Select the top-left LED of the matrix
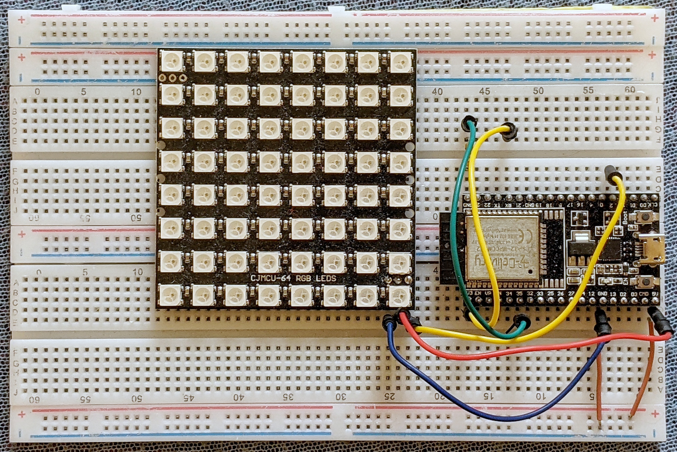point(172,61)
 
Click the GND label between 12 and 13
point(602,294)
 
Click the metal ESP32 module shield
point(502,248)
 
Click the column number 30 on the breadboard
point(341,397)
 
